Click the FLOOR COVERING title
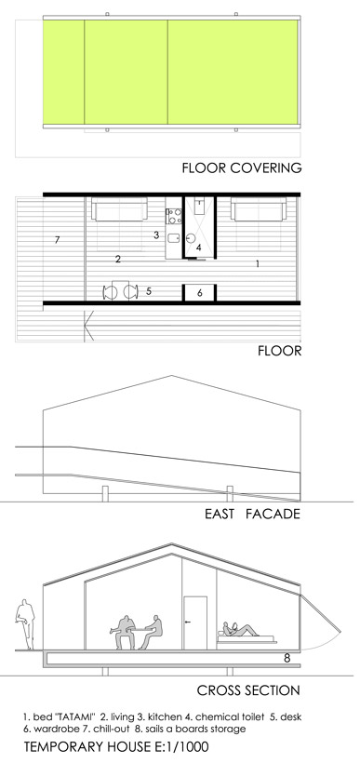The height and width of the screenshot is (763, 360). click(242, 168)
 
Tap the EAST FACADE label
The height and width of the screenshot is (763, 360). click(252, 514)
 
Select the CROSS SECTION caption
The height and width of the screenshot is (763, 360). click(248, 690)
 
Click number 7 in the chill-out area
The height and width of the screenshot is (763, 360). click(58, 239)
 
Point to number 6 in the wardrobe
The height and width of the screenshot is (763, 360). click(199, 293)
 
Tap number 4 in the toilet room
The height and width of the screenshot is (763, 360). click(198, 248)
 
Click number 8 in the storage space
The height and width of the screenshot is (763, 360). click(287, 659)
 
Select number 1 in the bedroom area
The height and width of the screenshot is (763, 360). click(258, 263)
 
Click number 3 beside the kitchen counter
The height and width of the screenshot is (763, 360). click(156, 235)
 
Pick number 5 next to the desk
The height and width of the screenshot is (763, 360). click(149, 291)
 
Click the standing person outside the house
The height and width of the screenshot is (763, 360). click(25, 624)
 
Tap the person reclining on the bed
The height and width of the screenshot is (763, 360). click(240, 630)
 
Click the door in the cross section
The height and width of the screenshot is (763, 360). click(195, 622)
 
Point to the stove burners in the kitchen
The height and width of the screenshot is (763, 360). click(174, 216)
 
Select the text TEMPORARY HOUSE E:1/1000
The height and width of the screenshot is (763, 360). click(116, 746)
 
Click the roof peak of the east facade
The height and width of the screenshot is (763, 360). click(171, 376)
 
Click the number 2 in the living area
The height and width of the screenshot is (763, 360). click(118, 260)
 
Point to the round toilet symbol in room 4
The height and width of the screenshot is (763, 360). click(192, 238)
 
